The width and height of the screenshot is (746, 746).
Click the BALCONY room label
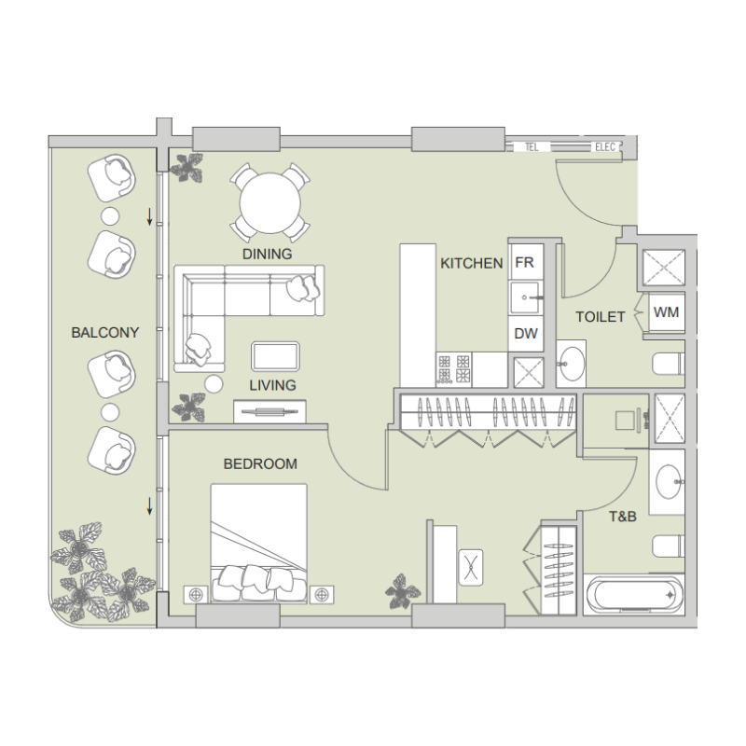pyautogui.click(x=105, y=332)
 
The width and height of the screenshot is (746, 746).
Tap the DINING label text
pyautogui.click(x=267, y=254)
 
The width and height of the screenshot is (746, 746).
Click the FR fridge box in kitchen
pyautogui.click(x=524, y=263)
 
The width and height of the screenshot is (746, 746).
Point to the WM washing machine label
pyautogui.click(x=666, y=312)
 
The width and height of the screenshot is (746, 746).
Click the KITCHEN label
pyautogui.click(x=472, y=264)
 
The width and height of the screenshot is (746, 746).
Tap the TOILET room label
pyautogui.click(x=600, y=317)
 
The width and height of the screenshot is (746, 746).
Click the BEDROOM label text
pyautogui.click(x=260, y=463)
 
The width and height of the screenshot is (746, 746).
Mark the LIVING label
pyautogui.click(x=272, y=384)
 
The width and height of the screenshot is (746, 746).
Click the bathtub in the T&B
pyautogui.click(x=633, y=594)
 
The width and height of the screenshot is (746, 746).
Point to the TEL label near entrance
pyautogui.click(x=532, y=147)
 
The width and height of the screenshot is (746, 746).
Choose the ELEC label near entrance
pyautogui.click(x=605, y=147)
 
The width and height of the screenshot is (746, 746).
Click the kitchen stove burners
pyautogui.click(x=454, y=368)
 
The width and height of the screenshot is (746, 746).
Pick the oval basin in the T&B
pyautogui.click(x=669, y=482)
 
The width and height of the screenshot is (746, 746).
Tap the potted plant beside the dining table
pyautogui.click(x=188, y=168)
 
